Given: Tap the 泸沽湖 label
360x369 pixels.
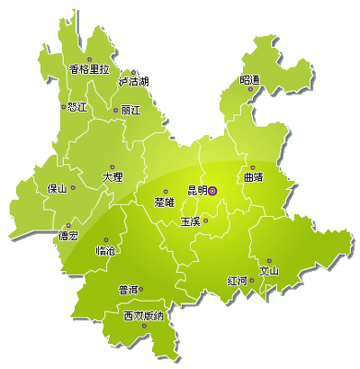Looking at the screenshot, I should click(x=133, y=82).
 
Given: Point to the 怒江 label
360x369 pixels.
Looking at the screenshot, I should click(x=76, y=107).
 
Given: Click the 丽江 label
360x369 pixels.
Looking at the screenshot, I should click(x=130, y=111).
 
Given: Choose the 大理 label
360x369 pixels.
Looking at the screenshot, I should click(x=112, y=177).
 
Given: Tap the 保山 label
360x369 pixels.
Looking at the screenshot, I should click(x=58, y=189).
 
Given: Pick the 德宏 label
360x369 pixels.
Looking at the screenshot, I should click(x=67, y=237).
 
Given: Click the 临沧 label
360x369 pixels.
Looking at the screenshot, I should click(x=105, y=251).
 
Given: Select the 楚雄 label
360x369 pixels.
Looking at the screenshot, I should click(x=165, y=202).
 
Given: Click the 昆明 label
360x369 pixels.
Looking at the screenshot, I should click(x=196, y=191).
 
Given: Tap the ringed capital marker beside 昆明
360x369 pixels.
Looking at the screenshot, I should click(x=213, y=190).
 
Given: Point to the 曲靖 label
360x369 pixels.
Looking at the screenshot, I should click(x=253, y=177).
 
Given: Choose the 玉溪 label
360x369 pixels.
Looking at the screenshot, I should click(x=190, y=220).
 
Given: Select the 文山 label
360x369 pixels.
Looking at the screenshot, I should click(x=269, y=271).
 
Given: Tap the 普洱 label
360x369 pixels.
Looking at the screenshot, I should click(x=129, y=290).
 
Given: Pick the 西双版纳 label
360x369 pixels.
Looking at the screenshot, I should click(x=144, y=316).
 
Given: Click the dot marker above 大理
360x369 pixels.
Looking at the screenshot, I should click(x=112, y=166).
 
